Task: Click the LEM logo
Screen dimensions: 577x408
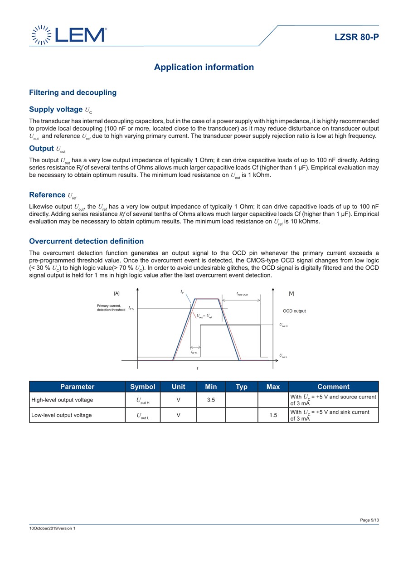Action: click(x=69, y=35)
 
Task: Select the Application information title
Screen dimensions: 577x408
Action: click(x=204, y=67)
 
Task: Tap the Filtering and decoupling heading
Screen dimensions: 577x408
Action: click(x=73, y=92)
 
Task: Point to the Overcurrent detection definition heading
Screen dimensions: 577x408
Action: click(x=86, y=241)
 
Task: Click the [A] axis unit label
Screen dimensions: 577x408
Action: click(x=117, y=294)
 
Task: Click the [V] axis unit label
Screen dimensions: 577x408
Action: click(x=291, y=294)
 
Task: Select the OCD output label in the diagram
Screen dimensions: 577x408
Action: click(x=294, y=311)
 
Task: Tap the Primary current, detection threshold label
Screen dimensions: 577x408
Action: click(x=111, y=308)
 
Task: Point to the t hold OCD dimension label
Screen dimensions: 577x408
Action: click(x=242, y=295)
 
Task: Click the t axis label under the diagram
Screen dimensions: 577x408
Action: click(x=198, y=369)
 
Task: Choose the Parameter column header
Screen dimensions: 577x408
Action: click(x=77, y=387)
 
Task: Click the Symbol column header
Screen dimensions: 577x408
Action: click(x=142, y=387)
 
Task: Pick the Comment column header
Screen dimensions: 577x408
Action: click(x=333, y=387)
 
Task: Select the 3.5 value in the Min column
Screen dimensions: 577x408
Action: click(x=211, y=400)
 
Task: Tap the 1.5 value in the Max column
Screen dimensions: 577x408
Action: click(x=273, y=415)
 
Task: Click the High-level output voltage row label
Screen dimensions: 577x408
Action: click(x=62, y=400)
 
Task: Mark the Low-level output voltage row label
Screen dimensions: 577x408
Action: click(x=61, y=415)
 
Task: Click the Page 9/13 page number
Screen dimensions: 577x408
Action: click(x=369, y=520)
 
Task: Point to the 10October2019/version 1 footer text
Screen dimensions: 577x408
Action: click(x=52, y=529)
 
